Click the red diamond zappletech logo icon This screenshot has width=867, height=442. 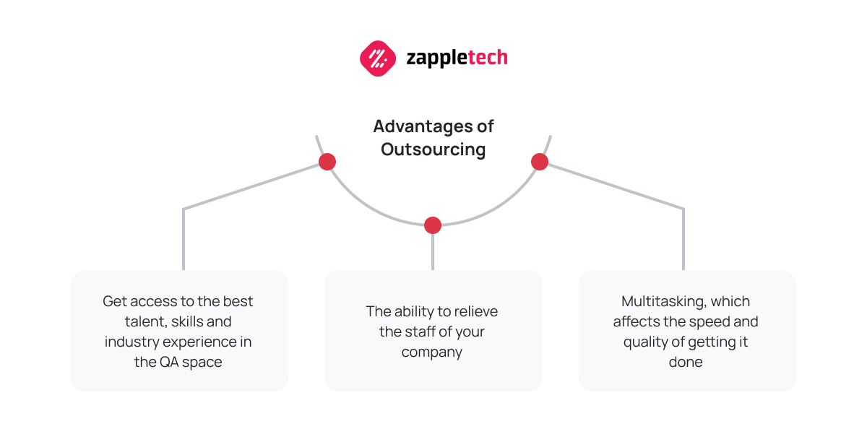click(378, 58)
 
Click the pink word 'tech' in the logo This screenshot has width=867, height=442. click(488, 57)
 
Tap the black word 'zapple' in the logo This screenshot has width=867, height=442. click(437, 58)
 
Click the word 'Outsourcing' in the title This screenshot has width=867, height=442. click(433, 149)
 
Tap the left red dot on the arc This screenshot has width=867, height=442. click(327, 162)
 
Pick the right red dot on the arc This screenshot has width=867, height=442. click(540, 162)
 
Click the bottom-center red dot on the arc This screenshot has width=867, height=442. click(433, 225)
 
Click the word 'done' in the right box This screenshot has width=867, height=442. click(686, 363)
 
